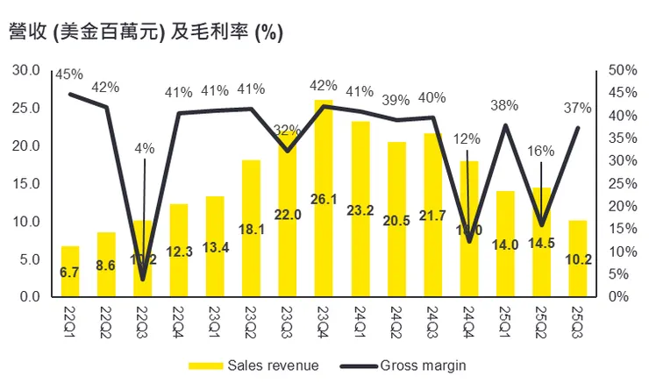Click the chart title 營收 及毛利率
(x=144, y=32)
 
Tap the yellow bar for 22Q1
(x=70, y=271)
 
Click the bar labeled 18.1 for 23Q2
(x=251, y=228)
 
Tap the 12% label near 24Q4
(x=467, y=138)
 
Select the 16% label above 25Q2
(x=541, y=150)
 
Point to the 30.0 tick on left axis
(x=29, y=70)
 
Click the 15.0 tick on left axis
(x=29, y=183)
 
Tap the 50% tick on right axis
(x=617, y=70)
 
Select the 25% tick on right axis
(x=617, y=183)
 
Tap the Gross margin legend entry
(x=412, y=365)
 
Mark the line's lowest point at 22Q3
(x=143, y=280)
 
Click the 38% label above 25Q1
(x=503, y=106)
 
